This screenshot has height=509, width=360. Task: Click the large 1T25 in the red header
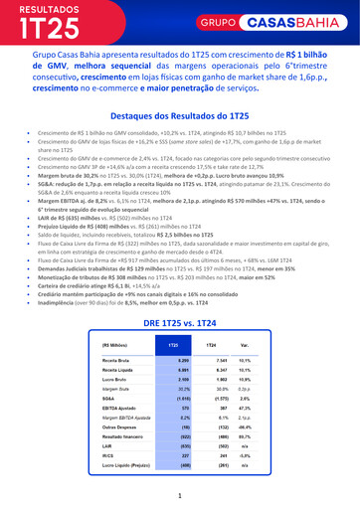[x=53, y=27]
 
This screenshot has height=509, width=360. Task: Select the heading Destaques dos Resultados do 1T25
[x=180, y=116]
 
